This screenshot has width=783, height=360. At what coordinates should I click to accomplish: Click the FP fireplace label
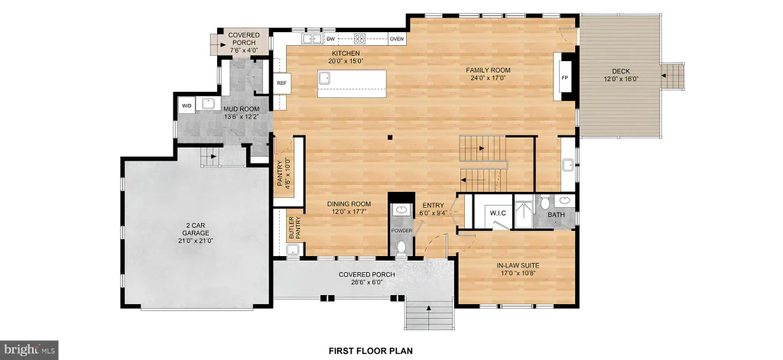point(565,78)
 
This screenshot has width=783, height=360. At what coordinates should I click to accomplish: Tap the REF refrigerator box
point(281,83)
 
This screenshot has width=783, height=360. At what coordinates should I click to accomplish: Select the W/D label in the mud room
point(187,105)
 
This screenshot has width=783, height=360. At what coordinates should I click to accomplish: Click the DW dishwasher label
point(330,38)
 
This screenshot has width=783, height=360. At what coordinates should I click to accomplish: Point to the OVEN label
point(397,38)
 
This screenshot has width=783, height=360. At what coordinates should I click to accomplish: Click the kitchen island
point(352,84)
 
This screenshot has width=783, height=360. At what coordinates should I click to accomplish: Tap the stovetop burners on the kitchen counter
point(359,38)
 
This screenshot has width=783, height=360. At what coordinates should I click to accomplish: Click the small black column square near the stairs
point(392,138)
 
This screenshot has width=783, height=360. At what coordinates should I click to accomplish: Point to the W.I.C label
point(497,213)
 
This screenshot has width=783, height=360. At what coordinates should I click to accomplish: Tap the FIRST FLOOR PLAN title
point(371,351)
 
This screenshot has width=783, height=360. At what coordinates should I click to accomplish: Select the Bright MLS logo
point(29,349)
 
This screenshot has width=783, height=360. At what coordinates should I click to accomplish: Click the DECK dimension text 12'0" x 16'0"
point(621,79)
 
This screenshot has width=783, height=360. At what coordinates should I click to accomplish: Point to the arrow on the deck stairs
point(663,76)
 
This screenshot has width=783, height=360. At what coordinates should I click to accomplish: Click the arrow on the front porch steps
point(428,308)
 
